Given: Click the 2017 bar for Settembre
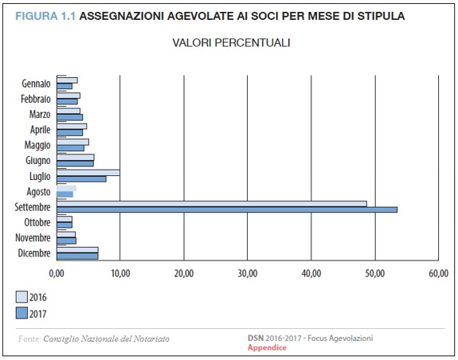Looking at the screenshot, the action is (227, 209).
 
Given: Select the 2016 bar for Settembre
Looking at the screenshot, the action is (212, 204).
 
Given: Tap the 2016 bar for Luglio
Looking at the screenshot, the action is (88, 173).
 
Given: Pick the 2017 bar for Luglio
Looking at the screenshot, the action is (81, 179).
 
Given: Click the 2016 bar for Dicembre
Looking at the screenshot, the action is (77, 250).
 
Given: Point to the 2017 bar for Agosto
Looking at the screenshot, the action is (65, 194).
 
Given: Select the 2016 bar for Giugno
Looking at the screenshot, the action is (76, 158).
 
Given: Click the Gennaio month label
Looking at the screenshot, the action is (36, 84).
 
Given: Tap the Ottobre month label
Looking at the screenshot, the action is (37, 222).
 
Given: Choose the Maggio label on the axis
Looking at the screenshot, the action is (37, 145).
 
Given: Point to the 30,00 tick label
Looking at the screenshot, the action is (248, 273).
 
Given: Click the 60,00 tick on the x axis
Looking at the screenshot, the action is (438, 273).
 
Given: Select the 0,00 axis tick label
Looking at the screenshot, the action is (57, 273).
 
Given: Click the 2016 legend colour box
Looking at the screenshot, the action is (22, 297).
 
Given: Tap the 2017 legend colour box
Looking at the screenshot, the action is (22, 313).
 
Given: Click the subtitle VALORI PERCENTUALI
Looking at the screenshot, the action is (231, 43).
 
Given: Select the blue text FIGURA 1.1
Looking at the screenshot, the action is (45, 16).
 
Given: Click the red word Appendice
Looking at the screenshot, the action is (267, 347).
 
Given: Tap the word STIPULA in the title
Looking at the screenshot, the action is (382, 16).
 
